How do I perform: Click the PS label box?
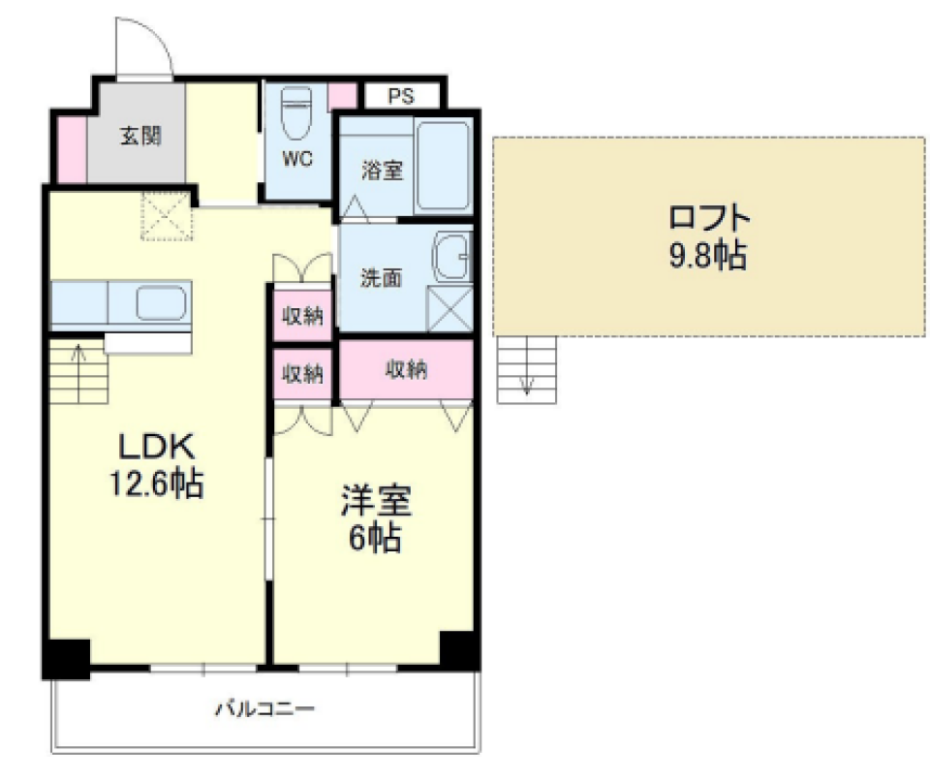coord(401,97)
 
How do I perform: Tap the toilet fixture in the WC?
coord(297,113)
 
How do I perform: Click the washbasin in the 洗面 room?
coord(450,258)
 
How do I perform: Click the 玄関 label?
coord(139,136)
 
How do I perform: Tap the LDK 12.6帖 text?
coord(160,464)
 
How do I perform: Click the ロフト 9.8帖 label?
coord(708,235)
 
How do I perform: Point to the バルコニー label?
coord(264,709)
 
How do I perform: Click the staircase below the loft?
coord(527,369)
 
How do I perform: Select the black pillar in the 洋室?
coord(458,649)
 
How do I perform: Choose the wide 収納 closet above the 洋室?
coord(407,369)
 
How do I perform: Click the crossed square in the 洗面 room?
coord(450,309)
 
